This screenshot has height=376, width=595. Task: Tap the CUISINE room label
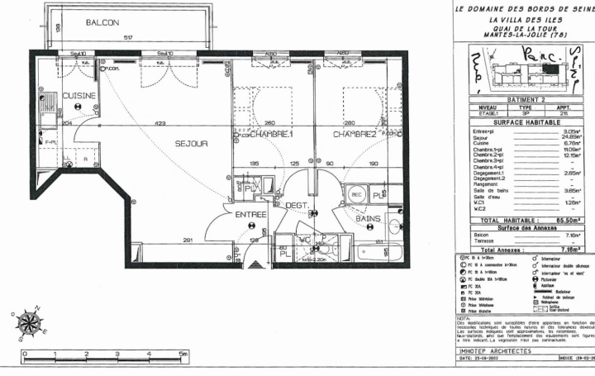point(79,95)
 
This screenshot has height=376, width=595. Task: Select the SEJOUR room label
point(191,143)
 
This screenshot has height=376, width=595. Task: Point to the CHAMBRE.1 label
point(272,133)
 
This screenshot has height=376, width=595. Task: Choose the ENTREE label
point(250,214)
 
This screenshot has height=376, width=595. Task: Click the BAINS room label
point(368,219)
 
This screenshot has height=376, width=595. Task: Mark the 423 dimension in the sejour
point(159,125)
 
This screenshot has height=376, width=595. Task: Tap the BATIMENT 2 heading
point(520,99)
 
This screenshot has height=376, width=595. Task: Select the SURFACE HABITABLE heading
point(520,121)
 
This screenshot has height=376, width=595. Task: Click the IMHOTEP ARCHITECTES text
point(494,350)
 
